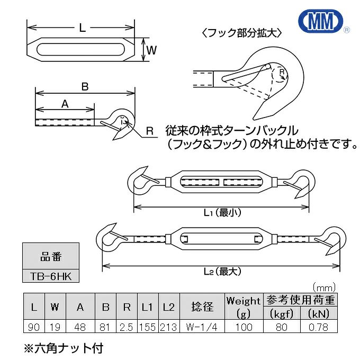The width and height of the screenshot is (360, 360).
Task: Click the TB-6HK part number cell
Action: tap(51, 276)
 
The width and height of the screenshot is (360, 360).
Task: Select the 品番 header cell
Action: tap(51, 258)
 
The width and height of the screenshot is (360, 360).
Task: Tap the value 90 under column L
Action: tap(34, 327)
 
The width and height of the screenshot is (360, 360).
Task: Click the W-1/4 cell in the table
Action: tap(201, 327)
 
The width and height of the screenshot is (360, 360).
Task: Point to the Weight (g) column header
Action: tap(243, 307)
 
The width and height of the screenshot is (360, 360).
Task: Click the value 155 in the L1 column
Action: tap(147, 327)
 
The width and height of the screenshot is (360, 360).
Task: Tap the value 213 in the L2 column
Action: tap(169, 327)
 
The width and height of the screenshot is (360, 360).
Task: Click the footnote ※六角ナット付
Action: tap(63, 348)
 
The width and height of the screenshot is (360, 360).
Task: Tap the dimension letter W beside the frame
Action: tap(151, 50)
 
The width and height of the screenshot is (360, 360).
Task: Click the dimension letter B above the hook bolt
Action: tap(84, 86)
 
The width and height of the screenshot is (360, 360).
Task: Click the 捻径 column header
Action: tap(201, 307)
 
